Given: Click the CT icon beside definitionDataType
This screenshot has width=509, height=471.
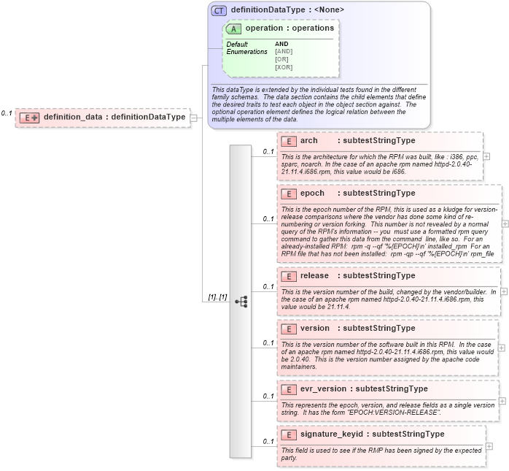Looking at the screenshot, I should (x=219, y=11).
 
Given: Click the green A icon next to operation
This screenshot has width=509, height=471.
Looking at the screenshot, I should (x=234, y=28).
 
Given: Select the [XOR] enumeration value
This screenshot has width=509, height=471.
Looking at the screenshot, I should (x=284, y=67).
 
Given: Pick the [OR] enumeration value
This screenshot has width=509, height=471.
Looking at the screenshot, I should (x=281, y=59).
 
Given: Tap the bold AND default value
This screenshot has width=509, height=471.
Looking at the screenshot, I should (x=281, y=44).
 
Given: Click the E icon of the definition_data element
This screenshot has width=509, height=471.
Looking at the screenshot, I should (x=29, y=117).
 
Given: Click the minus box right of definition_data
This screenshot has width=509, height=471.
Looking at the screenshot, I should (x=194, y=117).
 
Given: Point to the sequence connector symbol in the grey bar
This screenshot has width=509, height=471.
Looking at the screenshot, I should (x=241, y=301).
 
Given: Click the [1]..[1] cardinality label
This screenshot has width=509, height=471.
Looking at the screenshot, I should (x=217, y=297).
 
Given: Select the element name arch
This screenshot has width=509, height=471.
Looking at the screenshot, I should (x=308, y=140).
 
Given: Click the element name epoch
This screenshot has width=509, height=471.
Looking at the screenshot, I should (x=312, y=194).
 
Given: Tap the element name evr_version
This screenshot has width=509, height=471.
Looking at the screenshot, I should (x=323, y=388).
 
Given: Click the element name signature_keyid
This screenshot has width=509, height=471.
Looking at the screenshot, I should (x=332, y=434).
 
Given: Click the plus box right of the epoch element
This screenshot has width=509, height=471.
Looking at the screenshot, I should (x=505, y=223).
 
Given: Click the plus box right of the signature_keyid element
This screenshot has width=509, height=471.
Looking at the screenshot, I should (x=489, y=446).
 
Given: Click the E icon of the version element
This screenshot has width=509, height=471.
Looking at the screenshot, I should (x=288, y=329).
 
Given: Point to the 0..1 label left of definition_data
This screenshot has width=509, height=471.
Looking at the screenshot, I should (x=7, y=113).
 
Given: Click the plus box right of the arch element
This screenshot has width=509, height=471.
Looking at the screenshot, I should (x=486, y=156).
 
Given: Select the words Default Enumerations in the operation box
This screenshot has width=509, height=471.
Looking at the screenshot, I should (x=246, y=48).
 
